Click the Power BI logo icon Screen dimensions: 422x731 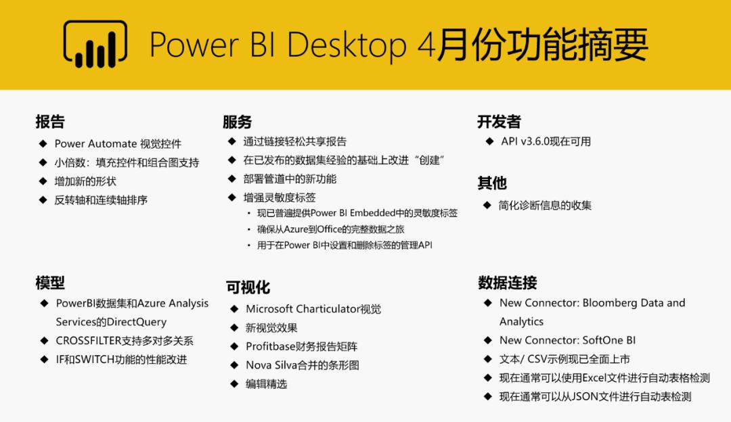click(x=95, y=45)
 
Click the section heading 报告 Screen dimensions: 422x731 click(x=50, y=122)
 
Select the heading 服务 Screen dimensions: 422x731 click(x=237, y=122)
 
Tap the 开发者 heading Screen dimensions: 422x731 click(x=499, y=122)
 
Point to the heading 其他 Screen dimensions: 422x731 click(x=491, y=183)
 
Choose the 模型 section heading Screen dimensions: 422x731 click(x=50, y=283)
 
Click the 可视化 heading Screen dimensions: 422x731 click(x=248, y=288)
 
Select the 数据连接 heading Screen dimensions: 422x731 click(x=507, y=283)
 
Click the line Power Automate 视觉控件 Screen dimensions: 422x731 click(x=118, y=144)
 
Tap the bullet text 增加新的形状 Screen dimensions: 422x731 click(x=85, y=181)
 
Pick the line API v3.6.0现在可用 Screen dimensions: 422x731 click(x=546, y=141)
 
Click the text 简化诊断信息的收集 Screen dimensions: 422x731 click(x=545, y=205)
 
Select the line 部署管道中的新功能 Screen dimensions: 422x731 click(x=290, y=179)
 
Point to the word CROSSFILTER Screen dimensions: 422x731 click(x=89, y=341)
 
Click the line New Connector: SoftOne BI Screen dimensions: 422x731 click(x=567, y=340)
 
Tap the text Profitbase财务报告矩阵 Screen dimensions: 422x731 click(x=301, y=346)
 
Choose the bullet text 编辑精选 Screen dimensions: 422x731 click(x=266, y=384)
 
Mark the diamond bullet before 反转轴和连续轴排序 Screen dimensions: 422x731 click(x=43, y=200)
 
